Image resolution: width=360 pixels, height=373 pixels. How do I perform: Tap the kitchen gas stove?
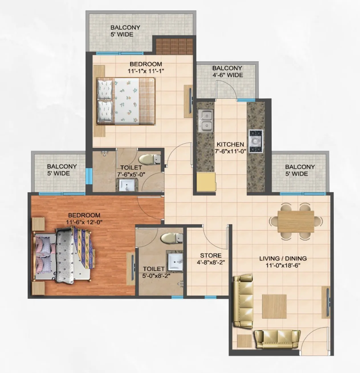coord(255,141)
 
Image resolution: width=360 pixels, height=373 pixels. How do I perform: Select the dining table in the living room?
coord(296,221)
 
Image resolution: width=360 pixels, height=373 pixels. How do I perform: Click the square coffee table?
coord(274,306)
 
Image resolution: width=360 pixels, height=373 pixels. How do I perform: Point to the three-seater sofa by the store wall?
coord(243,301)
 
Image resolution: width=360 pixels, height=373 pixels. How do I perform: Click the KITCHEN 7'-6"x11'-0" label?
coord(230,148)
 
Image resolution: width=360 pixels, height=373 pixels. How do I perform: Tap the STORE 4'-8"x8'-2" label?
coord(211,259)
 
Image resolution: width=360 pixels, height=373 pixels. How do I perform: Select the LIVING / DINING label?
coord(283,262)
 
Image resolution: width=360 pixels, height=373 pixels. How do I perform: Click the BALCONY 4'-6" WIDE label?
coord(227,72)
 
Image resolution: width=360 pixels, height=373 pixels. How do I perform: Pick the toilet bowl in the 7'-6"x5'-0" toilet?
coord(149,159)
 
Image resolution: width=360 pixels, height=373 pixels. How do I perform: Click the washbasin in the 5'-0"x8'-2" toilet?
coord(175,261)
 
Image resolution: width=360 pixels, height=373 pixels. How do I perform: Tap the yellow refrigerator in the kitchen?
coord(206,182)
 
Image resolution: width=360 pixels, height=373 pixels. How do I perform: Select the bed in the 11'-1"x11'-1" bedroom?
coord(126,101)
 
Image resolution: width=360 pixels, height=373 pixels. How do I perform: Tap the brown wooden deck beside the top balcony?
coord(174,46)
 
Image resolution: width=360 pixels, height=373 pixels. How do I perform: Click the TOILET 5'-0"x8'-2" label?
coord(154,272)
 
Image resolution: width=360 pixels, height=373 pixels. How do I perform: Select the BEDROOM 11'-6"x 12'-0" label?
coord(84,218)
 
